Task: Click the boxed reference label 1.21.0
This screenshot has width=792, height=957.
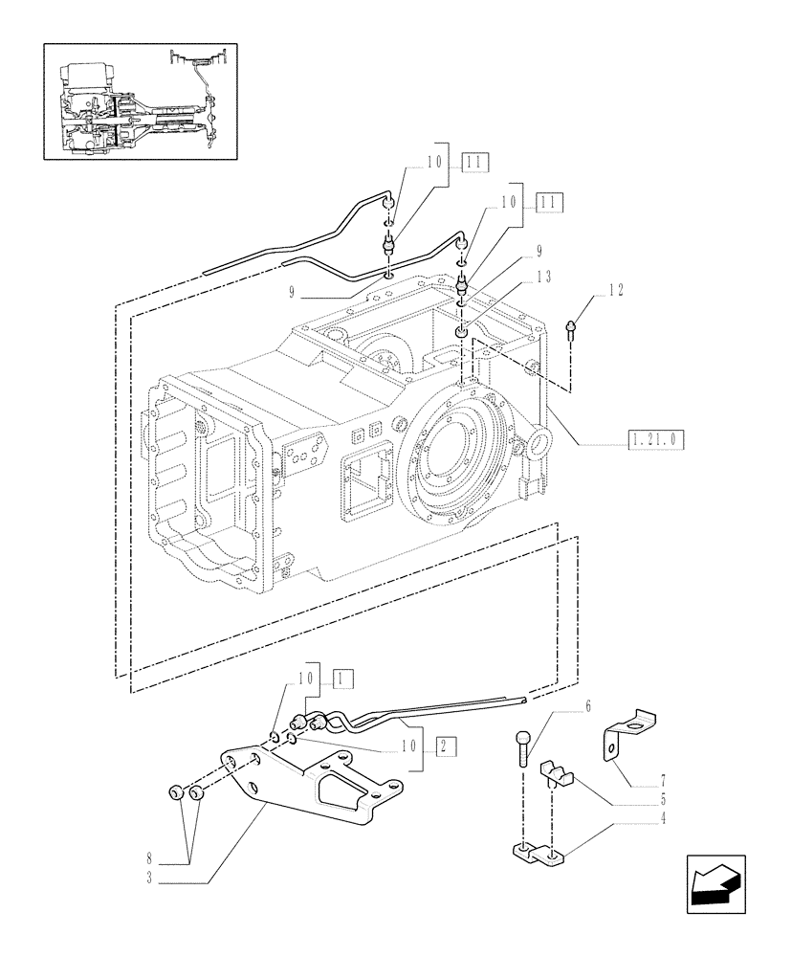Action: pos(656,440)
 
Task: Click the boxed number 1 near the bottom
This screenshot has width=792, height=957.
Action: pos(343,679)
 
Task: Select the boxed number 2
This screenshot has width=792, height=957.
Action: pos(445,746)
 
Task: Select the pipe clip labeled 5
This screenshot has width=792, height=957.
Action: pos(557,774)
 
